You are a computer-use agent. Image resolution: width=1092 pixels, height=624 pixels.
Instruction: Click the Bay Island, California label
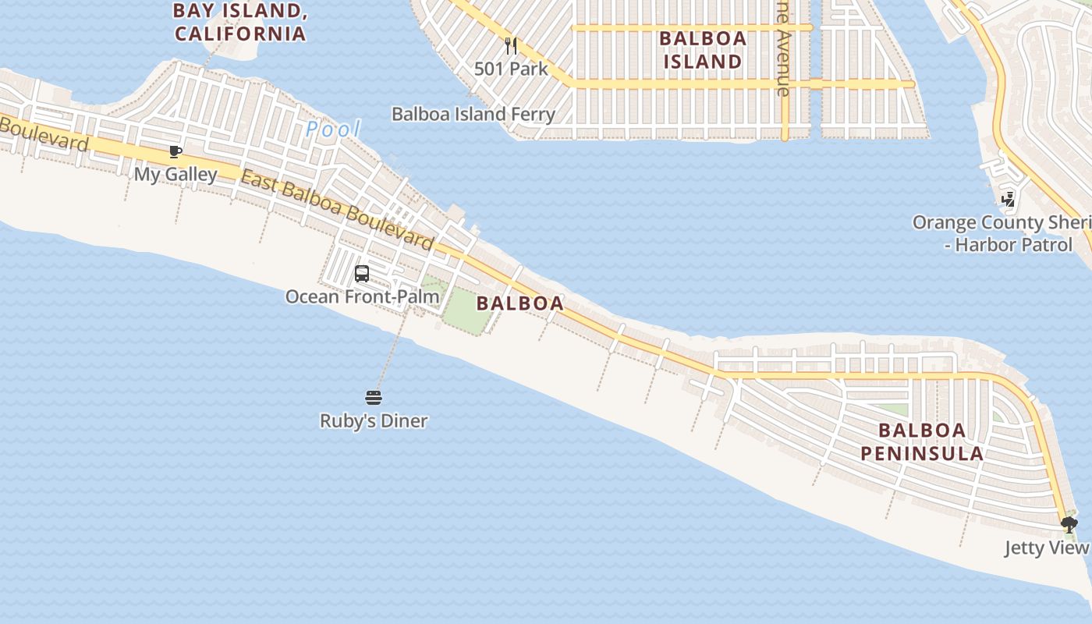point(239,22)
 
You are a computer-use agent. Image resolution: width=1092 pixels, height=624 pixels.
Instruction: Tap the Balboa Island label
point(703,49)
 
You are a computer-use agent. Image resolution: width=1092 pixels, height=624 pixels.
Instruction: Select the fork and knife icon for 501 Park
point(511,46)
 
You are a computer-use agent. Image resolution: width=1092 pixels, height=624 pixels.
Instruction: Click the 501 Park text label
point(511,69)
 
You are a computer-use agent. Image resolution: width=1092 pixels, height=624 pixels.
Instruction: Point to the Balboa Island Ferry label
point(473,114)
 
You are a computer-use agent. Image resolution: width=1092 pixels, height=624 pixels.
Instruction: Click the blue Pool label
point(333,129)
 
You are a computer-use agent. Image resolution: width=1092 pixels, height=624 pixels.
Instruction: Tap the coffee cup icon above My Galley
point(175,151)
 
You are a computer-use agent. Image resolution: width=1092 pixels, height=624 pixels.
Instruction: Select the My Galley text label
point(175,174)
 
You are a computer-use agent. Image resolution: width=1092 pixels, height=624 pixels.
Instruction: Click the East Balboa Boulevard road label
point(337,211)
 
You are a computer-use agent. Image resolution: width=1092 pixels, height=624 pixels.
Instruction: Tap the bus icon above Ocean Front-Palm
point(362,274)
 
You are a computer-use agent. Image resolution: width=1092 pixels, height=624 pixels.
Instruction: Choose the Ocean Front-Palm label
point(362,296)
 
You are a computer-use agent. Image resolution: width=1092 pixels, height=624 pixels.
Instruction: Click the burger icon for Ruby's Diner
point(374,398)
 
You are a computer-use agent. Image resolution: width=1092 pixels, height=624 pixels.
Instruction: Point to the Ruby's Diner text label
point(374,421)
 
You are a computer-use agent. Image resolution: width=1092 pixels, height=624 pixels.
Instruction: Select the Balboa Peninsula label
point(922,441)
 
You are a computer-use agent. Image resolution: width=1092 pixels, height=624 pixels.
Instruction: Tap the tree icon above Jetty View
point(1069,524)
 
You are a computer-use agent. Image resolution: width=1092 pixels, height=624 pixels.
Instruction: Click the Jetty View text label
point(1045,548)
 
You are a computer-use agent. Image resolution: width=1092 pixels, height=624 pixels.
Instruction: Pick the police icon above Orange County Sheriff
point(1009,200)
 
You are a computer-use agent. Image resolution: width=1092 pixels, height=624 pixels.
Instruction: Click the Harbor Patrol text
point(1013,245)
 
